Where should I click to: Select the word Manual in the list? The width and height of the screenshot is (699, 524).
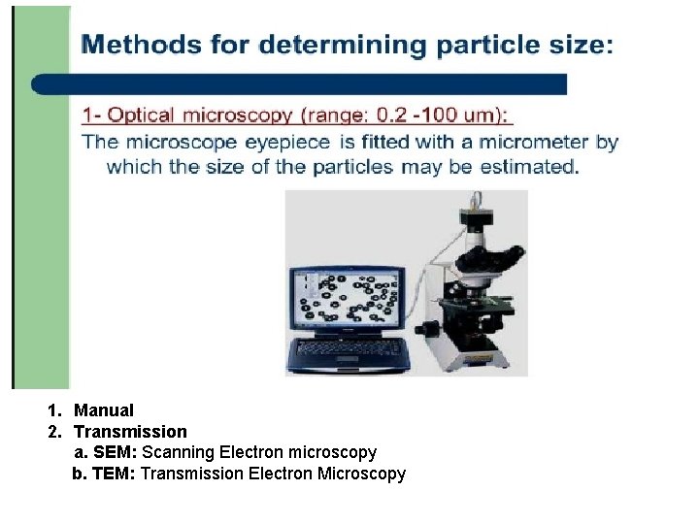pyautogui.click(x=104, y=410)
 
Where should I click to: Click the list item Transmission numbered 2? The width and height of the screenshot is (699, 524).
pyautogui.click(x=130, y=431)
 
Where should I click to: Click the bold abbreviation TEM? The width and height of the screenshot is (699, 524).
pyautogui.click(x=116, y=474)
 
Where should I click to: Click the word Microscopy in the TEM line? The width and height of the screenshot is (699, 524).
pyautogui.click(x=358, y=474)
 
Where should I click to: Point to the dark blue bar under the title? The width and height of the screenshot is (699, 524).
pyautogui.click(x=301, y=84)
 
